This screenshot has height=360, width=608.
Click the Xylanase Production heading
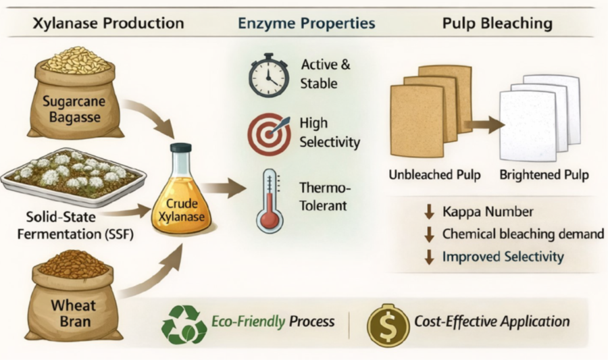pos(107,23)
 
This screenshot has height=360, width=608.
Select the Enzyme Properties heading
pos(306,23)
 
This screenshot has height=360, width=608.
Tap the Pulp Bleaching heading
pos(497,23)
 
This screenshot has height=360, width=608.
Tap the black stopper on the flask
pos(180,147)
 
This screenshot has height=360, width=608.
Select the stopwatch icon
pos(268,74)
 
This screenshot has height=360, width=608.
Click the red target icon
pos(268,134)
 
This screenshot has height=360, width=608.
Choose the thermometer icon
pos(269,200)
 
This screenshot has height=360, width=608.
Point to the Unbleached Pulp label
pos(434,175)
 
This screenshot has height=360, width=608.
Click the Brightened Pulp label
pos(544,175)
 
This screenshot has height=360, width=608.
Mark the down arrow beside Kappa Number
pos(428,212)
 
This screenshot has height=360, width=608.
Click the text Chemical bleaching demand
pos(523,234)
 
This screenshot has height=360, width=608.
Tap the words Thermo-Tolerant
pos(325,194)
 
